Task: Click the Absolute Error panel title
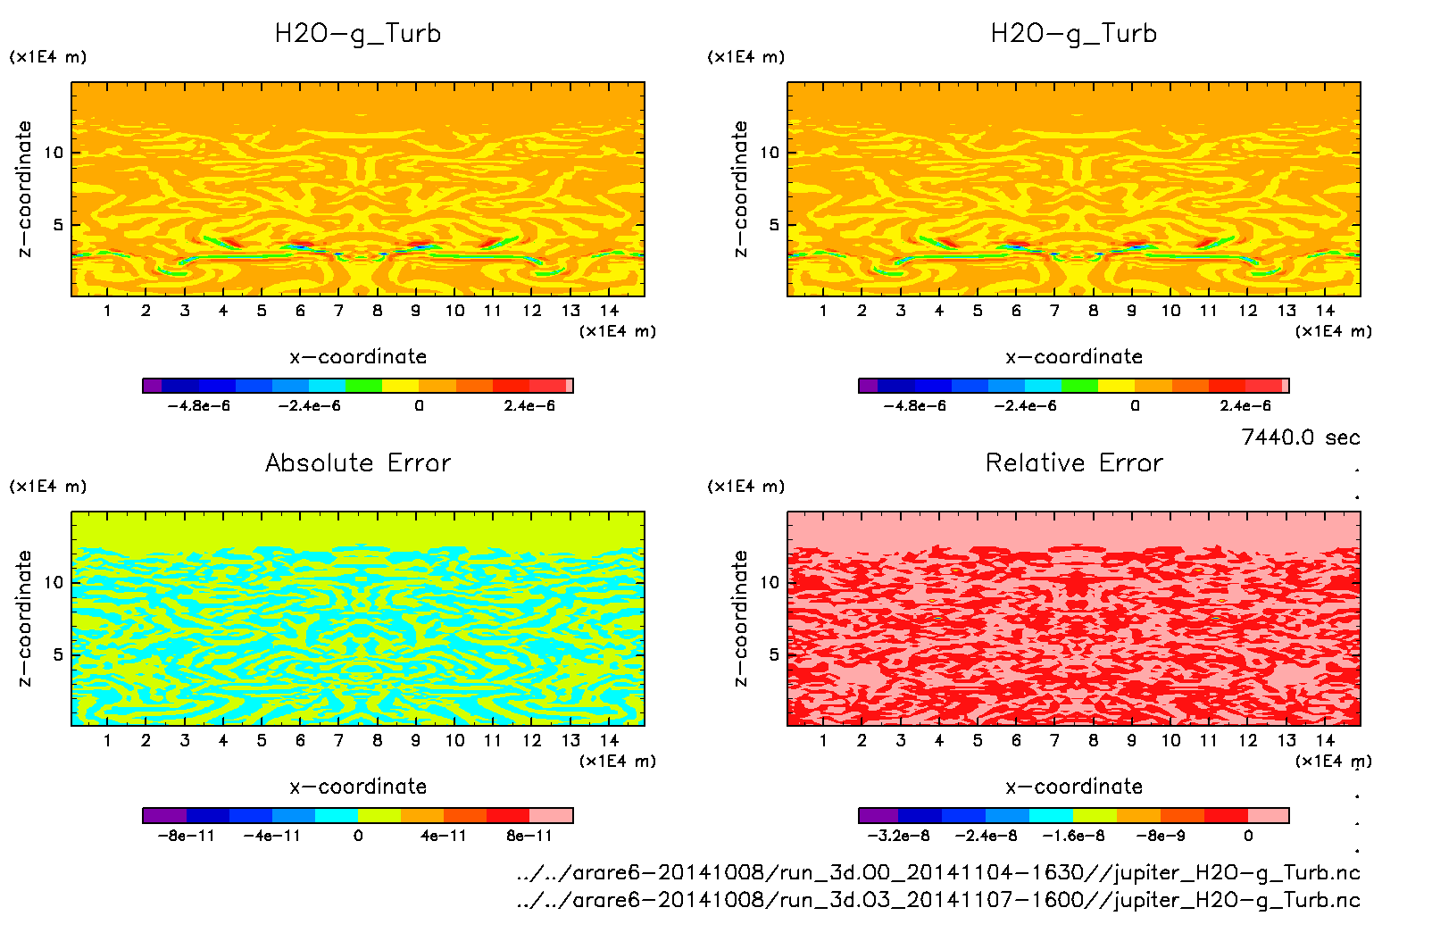click(358, 462)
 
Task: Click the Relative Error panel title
click(1074, 462)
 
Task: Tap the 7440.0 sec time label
click(1300, 437)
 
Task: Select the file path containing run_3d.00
click(937, 872)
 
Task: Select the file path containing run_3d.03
click(937, 900)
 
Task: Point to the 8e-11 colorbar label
click(529, 836)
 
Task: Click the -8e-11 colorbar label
click(186, 836)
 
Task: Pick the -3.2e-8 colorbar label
click(898, 836)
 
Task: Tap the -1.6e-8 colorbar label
click(1073, 836)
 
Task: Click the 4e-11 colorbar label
click(444, 836)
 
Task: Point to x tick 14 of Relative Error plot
click(1325, 740)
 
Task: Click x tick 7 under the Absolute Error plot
click(338, 740)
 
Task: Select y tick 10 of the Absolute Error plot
click(54, 582)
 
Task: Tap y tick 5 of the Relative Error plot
click(773, 654)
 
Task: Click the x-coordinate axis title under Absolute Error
click(358, 787)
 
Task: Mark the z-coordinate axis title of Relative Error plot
click(740, 618)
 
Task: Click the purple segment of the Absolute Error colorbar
click(164, 815)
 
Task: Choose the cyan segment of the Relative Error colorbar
click(1051, 815)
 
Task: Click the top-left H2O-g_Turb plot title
click(358, 34)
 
